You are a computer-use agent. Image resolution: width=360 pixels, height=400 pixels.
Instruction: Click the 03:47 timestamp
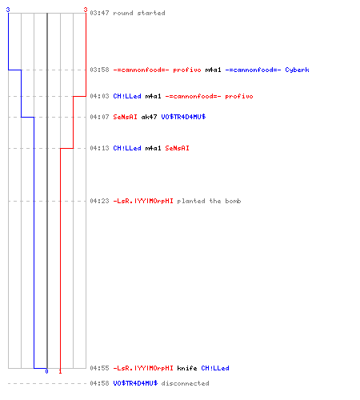[x=99, y=13]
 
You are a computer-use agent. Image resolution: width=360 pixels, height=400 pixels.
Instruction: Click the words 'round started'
[x=139, y=13]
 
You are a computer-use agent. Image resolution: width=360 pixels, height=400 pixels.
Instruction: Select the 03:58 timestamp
[x=99, y=70]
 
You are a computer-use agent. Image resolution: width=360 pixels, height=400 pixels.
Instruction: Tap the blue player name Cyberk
[x=297, y=70]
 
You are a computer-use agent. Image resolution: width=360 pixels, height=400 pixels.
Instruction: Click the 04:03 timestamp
[x=99, y=96]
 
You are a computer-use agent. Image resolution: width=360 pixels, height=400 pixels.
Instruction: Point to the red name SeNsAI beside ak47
[x=125, y=117]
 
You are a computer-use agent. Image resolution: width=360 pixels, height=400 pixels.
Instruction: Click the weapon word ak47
[x=149, y=117]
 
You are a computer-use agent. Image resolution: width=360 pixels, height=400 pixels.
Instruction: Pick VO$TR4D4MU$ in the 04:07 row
[x=183, y=117]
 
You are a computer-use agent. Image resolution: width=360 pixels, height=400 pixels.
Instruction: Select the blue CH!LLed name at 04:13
[x=127, y=148]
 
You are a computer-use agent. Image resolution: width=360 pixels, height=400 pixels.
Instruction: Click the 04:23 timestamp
[x=99, y=201]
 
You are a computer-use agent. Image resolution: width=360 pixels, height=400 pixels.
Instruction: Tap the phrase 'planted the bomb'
[x=209, y=201]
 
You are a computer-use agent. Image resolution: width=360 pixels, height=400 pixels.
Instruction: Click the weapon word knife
[x=187, y=368]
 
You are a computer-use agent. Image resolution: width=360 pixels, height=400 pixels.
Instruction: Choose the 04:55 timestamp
[x=99, y=368]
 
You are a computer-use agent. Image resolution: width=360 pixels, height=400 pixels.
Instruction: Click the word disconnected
[x=185, y=383]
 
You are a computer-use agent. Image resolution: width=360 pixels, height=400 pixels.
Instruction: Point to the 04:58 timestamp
[x=99, y=383]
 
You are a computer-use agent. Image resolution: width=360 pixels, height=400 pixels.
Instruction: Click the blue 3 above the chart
[x=8, y=10]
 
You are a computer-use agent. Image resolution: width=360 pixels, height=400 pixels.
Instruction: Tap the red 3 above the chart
[x=86, y=10]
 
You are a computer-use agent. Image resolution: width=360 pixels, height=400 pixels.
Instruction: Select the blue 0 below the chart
[x=46, y=371]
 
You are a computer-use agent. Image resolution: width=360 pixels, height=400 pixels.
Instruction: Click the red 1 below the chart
[x=60, y=371]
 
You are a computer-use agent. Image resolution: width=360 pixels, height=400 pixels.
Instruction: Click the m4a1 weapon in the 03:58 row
[x=213, y=70]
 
